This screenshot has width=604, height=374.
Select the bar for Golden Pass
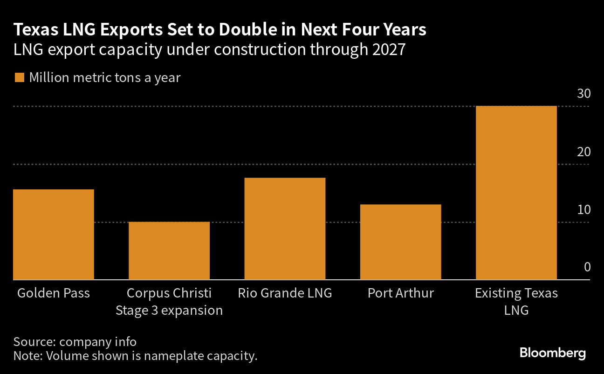(x=54, y=234)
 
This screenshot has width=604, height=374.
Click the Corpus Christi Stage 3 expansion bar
(x=169, y=250)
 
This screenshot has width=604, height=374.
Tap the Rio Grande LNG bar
(x=285, y=229)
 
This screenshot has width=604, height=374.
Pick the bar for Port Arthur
(x=400, y=242)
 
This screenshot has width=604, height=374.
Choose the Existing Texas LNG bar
(x=516, y=193)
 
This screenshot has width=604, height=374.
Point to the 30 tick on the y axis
(x=584, y=94)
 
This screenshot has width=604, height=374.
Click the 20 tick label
(x=584, y=152)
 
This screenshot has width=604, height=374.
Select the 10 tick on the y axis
(x=584, y=209)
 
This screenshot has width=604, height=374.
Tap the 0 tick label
(x=587, y=267)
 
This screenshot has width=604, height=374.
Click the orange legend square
(x=19, y=78)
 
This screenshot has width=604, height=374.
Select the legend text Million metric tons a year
(x=104, y=78)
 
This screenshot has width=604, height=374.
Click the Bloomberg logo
(x=553, y=353)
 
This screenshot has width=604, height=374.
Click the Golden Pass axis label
(x=54, y=293)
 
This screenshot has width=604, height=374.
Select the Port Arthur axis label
(x=400, y=293)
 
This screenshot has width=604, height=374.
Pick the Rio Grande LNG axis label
(x=285, y=293)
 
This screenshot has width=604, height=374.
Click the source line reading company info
(x=75, y=341)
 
